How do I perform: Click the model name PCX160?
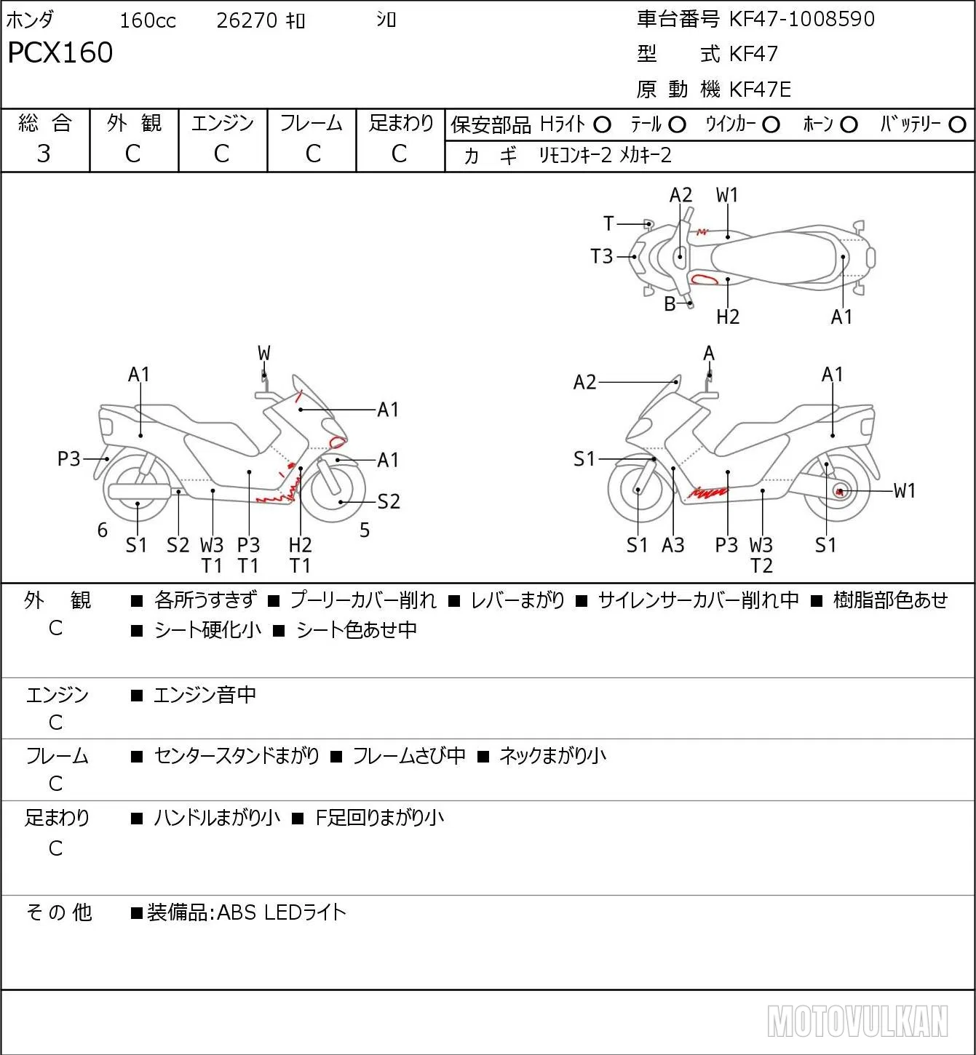(x=60, y=52)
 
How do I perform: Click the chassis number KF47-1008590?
(x=801, y=19)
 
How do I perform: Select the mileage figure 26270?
(x=247, y=20)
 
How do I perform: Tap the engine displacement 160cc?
(x=148, y=20)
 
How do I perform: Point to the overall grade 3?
(x=44, y=154)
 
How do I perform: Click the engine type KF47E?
(x=760, y=89)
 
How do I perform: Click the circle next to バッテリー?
(x=957, y=124)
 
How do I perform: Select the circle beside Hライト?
(x=602, y=125)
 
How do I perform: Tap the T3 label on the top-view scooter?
(x=601, y=257)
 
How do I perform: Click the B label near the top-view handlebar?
(x=670, y=304)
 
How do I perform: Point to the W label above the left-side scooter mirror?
(x=263, y=354)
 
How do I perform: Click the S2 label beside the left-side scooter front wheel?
(x=389, y=501)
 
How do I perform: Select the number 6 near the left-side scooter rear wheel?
(x=103, y=530)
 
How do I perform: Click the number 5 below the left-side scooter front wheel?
(x=365, y=530)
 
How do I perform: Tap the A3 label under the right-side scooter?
(x=673, y=545)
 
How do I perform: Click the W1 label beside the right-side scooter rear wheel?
(x=904, y=490)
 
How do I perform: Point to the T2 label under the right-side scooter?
(x=761, y=566)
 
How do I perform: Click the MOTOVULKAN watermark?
(x=857, y=1021)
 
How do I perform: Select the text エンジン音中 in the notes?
(x=205, y=695)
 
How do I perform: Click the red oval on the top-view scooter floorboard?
(x=704, y=278)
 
